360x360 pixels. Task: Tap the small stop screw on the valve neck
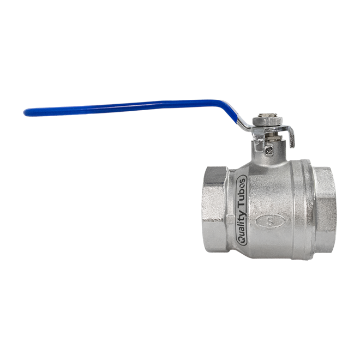coord(268,151)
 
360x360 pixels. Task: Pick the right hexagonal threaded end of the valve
coord(324,209)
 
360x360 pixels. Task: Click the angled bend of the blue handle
coord(226,105)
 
